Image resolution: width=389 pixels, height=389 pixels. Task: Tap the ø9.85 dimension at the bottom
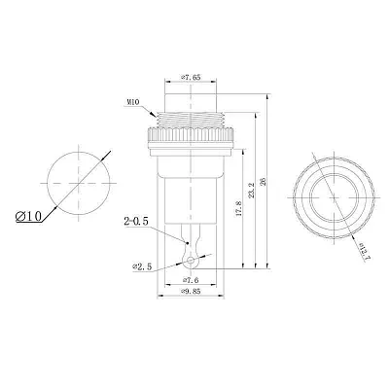192,289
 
